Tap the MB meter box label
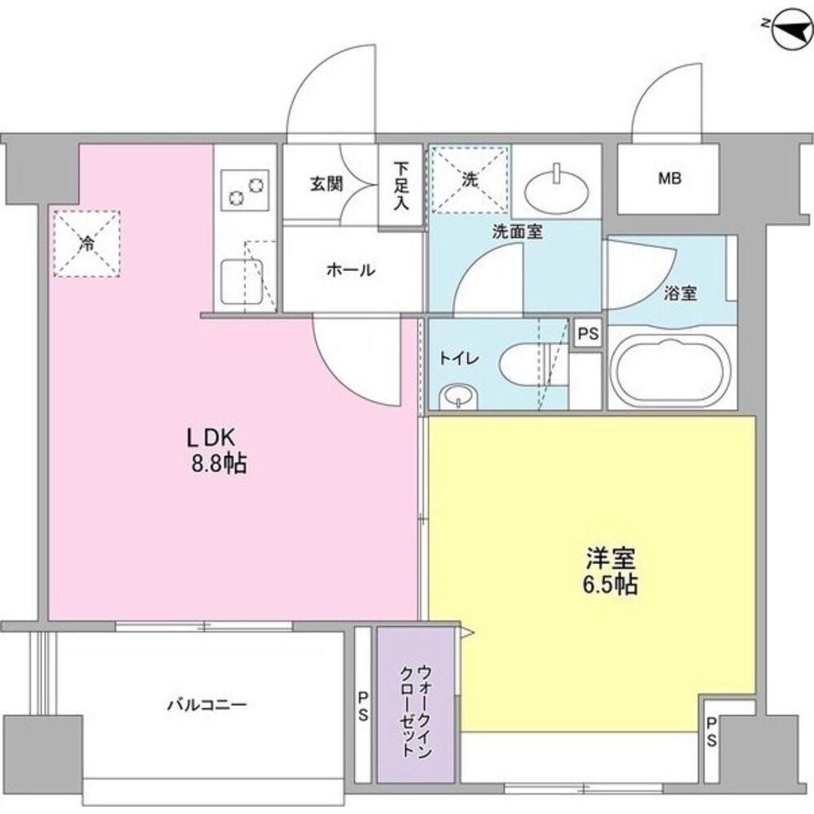669,178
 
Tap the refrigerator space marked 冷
86,243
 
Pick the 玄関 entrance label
326,183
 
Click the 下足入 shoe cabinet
400,186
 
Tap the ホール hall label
351,270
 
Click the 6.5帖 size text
609,585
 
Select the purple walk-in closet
415,704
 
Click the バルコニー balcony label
207,705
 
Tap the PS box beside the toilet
586,333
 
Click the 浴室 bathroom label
680,294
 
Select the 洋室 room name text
610,558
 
